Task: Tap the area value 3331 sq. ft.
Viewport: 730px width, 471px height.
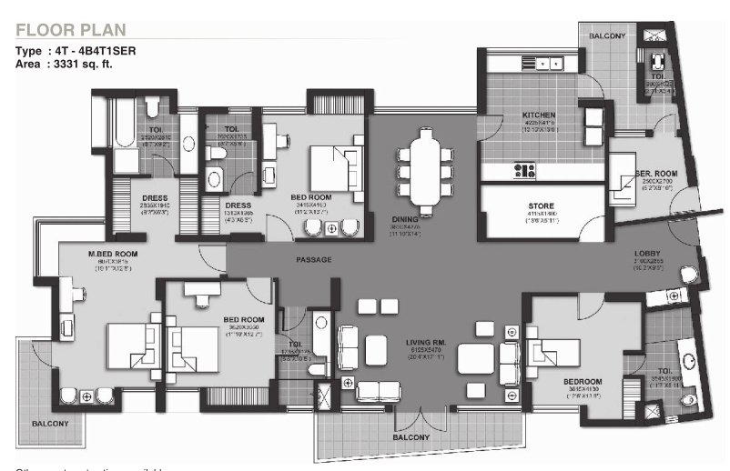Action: pyautogui.click(x=96, y=65)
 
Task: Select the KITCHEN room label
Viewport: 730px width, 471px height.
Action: pyautogui.click(x=538, y=115)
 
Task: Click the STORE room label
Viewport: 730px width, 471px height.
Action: pyautogui.click(x=541, y=206)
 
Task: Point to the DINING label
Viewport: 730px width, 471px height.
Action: pyautogui.click(x=404, y=219)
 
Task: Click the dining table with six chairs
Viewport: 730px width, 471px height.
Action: pyautogui.click(x=424, y=165)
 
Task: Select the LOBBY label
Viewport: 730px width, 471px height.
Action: pyautogui.click(x=647, y=253)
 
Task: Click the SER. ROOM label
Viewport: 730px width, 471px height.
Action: pyautogui.click(x=653, y=174)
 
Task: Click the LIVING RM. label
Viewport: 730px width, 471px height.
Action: pyautogui.click(x=424, y=343)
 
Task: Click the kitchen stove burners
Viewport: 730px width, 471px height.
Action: pyautogui.click(x=524, y=170)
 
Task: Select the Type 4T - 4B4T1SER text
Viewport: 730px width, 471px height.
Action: pyautogui.click(x=76, y=52)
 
